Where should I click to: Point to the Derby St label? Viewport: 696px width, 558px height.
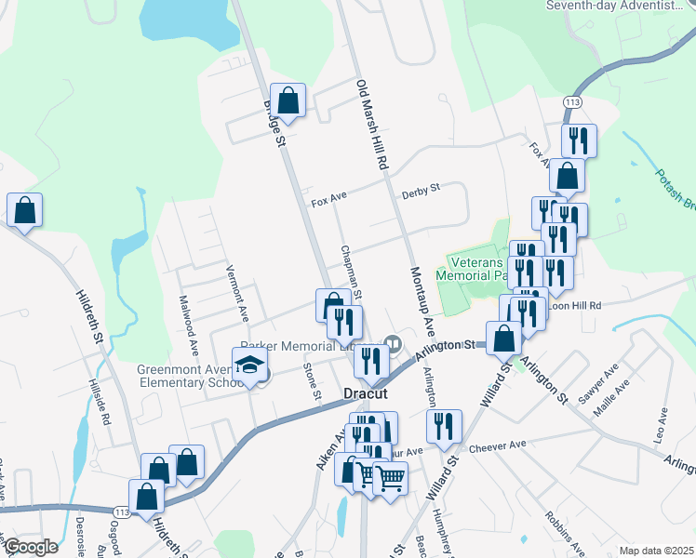pyautogui.click(x=421, y=193)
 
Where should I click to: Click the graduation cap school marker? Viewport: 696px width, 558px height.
pyautogui.click(x=250, y=366)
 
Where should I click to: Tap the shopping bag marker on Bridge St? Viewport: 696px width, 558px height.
pyautogui.click(x=288, y=101)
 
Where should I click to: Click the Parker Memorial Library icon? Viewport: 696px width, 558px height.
pyautogui.click(x=394, y=343)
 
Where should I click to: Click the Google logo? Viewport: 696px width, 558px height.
pyautogui.click(x=31, y=547)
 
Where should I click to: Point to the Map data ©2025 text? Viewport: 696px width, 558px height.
pyautogui.click(x=656, y=551)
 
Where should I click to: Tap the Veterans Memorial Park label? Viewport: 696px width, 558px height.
pyautogui.click(x=482, y=268)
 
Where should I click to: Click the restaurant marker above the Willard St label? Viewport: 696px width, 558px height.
pyautogui.click(x=444, y=426)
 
